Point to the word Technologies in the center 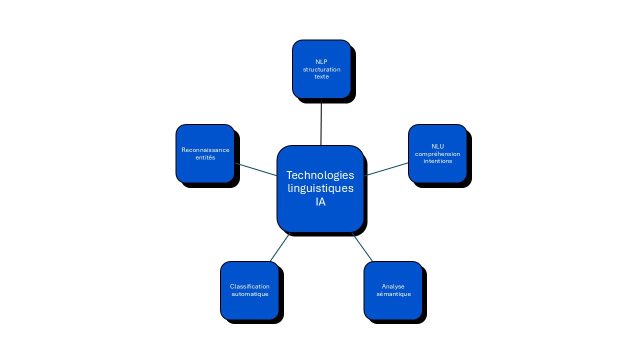tap(320, 175)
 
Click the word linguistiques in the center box tap(320, 188)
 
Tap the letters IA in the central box tap(320, 202)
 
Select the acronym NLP tap(321, 61)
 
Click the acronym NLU tap(437, 146)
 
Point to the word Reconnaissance tap(205, 150)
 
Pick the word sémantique tap(393, 294)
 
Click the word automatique tap(250, 294)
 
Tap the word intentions tap(437, 161)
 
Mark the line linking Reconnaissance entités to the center tap(256, 169)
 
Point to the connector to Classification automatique tap(280, 247)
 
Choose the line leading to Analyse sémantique tap(362, 247)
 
